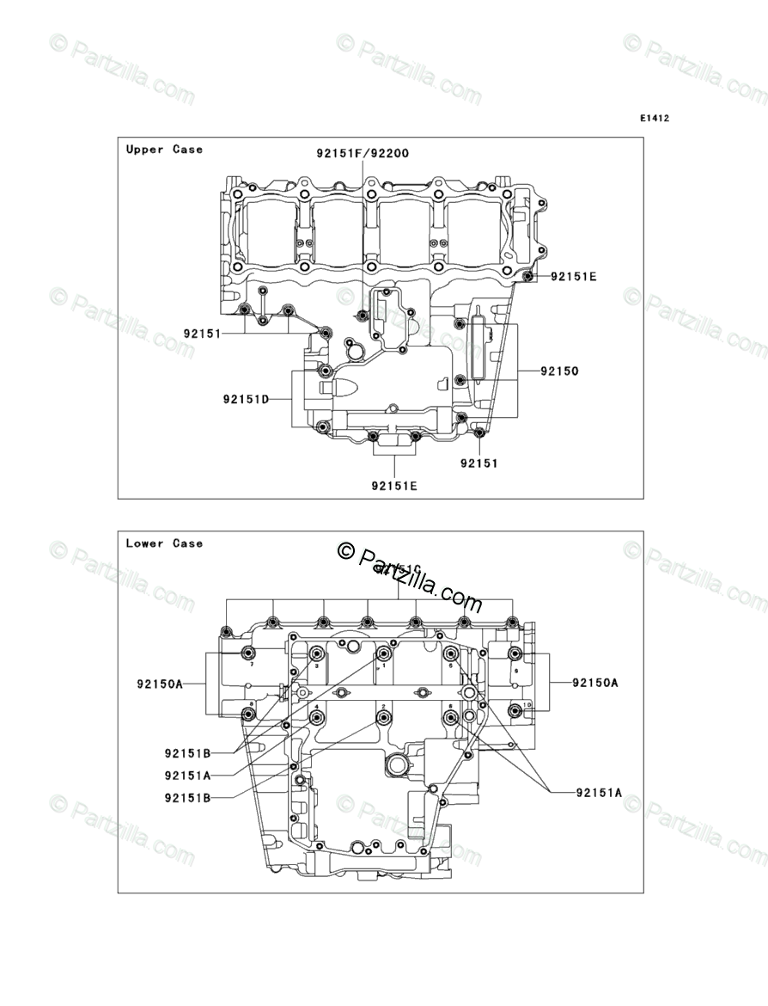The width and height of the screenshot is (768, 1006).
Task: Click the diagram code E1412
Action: coord(653,119)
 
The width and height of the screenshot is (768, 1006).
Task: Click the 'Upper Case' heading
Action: coord(164,150)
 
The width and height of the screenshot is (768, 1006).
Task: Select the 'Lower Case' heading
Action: coord(164,543)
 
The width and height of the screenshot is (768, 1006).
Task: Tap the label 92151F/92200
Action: coord(362,154)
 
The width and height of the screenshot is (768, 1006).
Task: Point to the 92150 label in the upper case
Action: coord(559,371)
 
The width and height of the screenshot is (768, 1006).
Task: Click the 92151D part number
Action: coord(246,399)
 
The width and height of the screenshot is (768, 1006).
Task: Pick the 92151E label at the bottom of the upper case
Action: coord(394,486)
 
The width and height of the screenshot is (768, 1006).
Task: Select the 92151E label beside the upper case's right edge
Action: coord(573,277)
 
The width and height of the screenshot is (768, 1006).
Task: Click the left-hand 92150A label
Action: coord(160,684)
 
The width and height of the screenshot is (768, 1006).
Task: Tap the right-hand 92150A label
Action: coord(595,683)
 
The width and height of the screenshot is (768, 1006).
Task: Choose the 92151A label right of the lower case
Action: coord(599,793)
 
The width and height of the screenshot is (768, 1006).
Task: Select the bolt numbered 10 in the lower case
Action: coord(515,709)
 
